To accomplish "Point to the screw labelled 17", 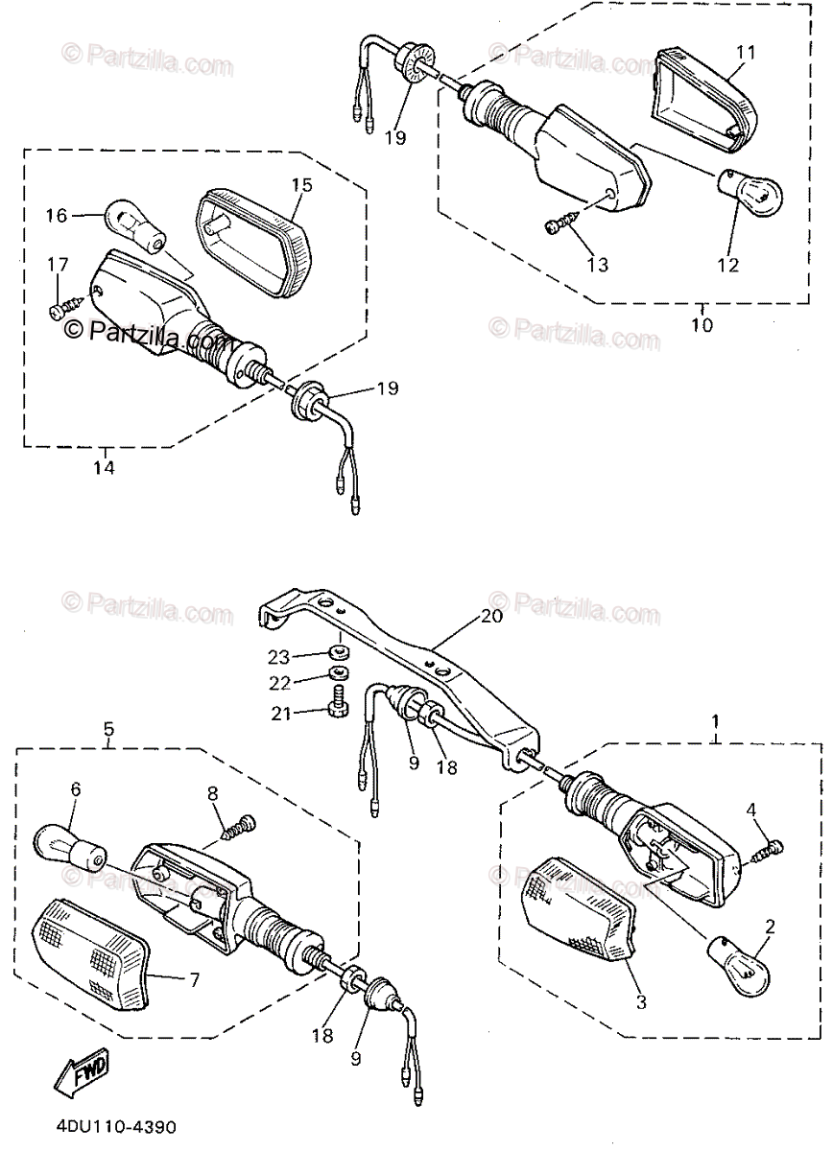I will click(x=59, y=309).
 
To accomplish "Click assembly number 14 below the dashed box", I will click(x=104, y=468).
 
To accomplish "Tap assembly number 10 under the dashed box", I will click(x=701, y=324).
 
